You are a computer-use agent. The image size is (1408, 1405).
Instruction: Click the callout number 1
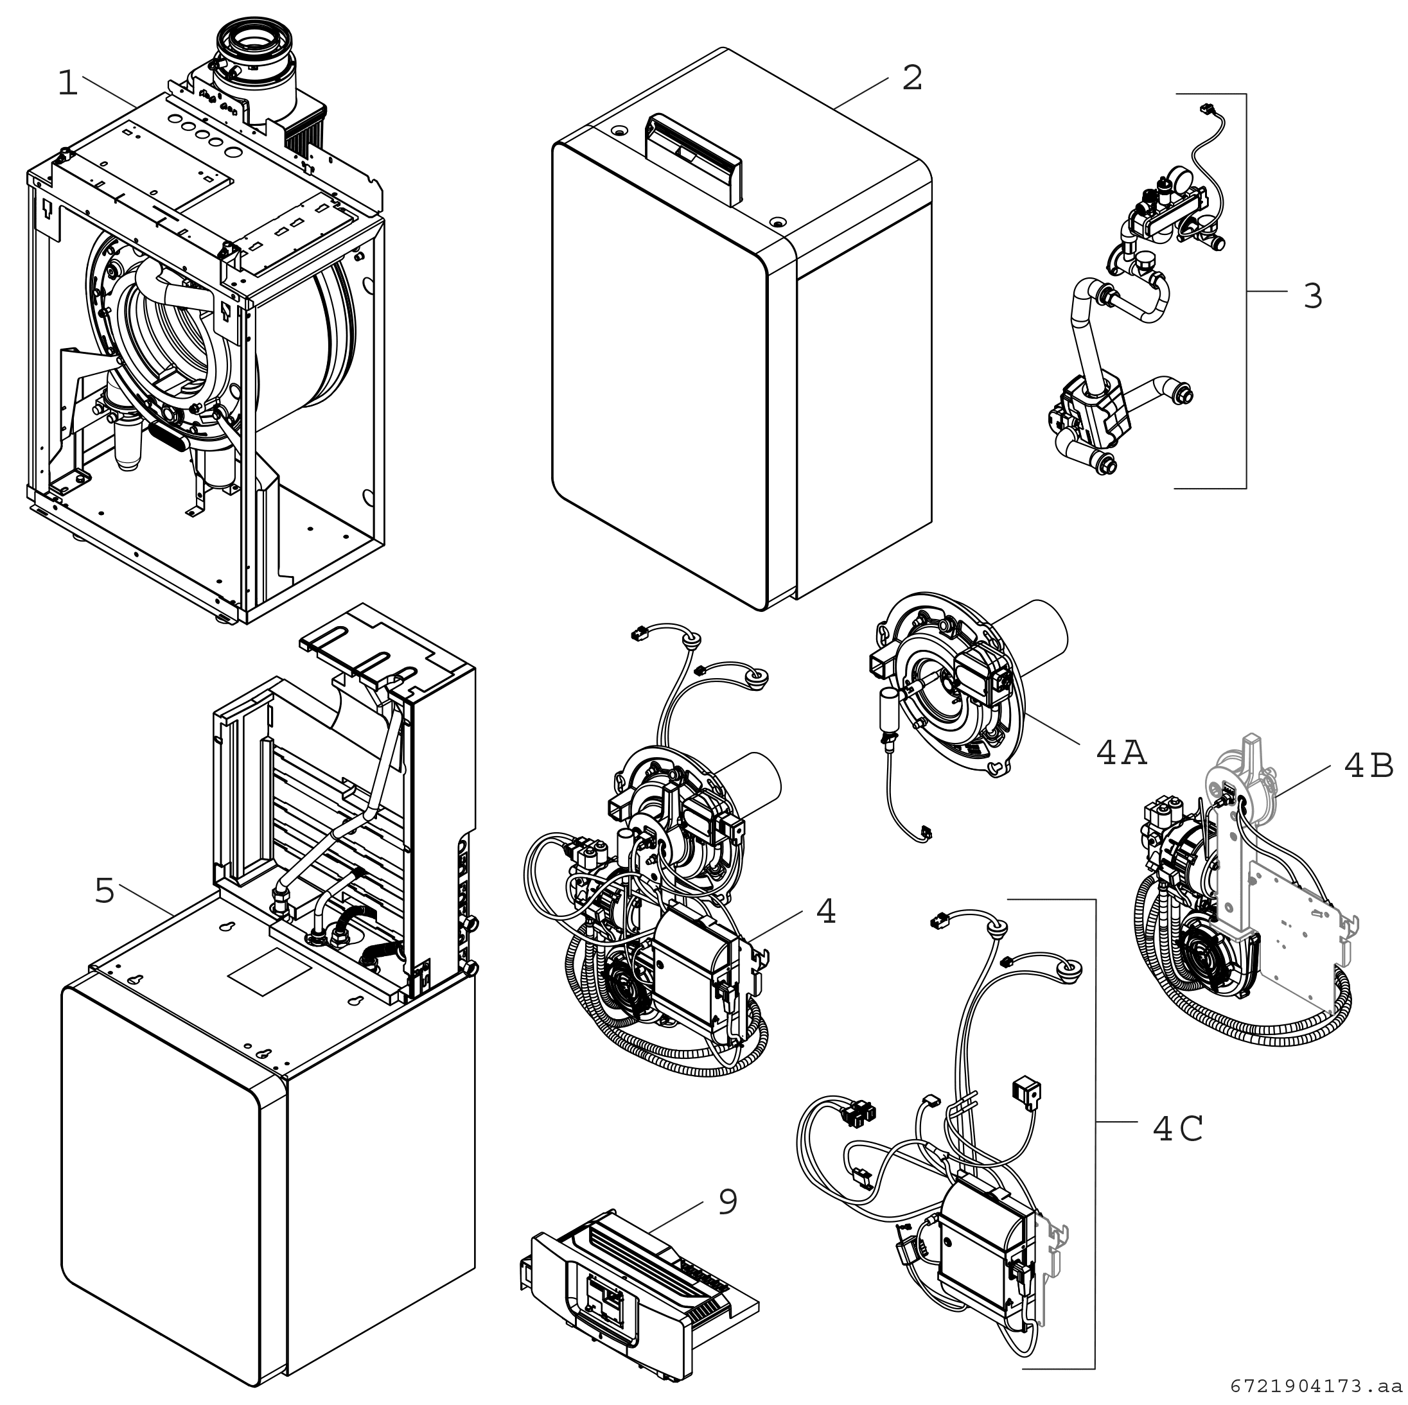coord(68,85)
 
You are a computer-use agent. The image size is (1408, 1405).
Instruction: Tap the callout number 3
coord(1312,296)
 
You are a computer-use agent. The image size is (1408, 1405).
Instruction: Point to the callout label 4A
coord(1122,753)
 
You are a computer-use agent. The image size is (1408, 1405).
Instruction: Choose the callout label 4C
coord(1177,1129)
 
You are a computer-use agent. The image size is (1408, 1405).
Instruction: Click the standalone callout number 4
coord(825,911)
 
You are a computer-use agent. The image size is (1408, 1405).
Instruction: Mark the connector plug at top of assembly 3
coord(1207,110)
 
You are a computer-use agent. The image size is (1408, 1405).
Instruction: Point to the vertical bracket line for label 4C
coord(1095,1134)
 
